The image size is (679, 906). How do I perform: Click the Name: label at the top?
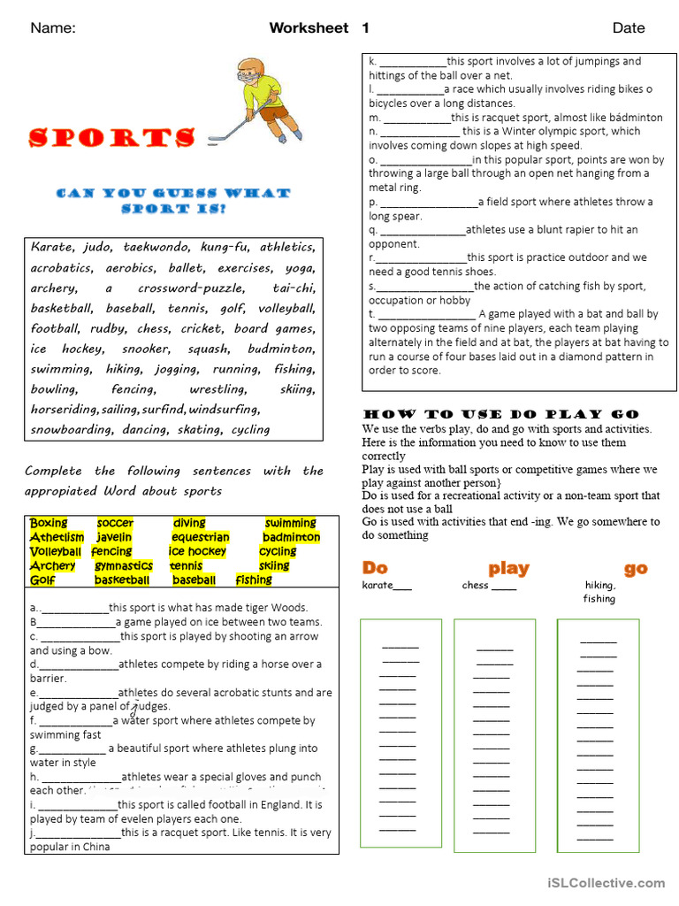53,28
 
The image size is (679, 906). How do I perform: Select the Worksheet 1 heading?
319,28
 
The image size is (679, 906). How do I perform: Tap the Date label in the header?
629,28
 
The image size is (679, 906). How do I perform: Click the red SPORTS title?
112,138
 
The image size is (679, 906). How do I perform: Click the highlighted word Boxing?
49,523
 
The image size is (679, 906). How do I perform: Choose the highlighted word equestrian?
200,537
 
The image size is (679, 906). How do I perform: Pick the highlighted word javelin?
114,537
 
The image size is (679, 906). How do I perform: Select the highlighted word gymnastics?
124,565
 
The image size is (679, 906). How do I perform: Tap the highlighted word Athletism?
57,537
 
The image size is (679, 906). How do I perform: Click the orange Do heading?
375,568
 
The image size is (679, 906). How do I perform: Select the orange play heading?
508,568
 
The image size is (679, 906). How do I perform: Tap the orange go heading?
636,568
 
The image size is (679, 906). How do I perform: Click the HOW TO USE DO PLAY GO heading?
500,414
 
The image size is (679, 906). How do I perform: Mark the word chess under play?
475,585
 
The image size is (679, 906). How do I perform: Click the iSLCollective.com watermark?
606,882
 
